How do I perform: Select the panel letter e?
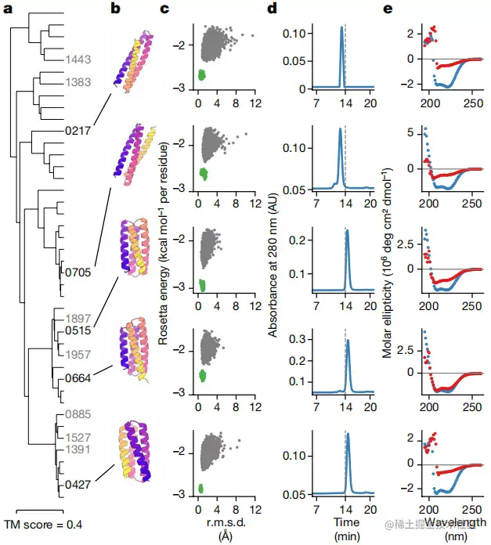pyautogui.click(x=387, y=9)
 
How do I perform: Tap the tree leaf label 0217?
pyautogui.click(x=77, y=129)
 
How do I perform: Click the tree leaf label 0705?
pyautogui.click(x=78, y=272)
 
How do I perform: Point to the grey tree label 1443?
pyautogui.click(x=78, y=59)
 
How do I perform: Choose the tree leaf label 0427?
pyautogui.click(x=78, y=485)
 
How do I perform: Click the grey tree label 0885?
pyautogui.click(x=78, y=413)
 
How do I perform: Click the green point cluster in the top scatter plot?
pyautogui.click(x=201, y=75)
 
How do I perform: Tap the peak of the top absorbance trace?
pyautogui.click(x=341, y=27)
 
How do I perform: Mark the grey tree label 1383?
pyautogui.click(x=78, y=82)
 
